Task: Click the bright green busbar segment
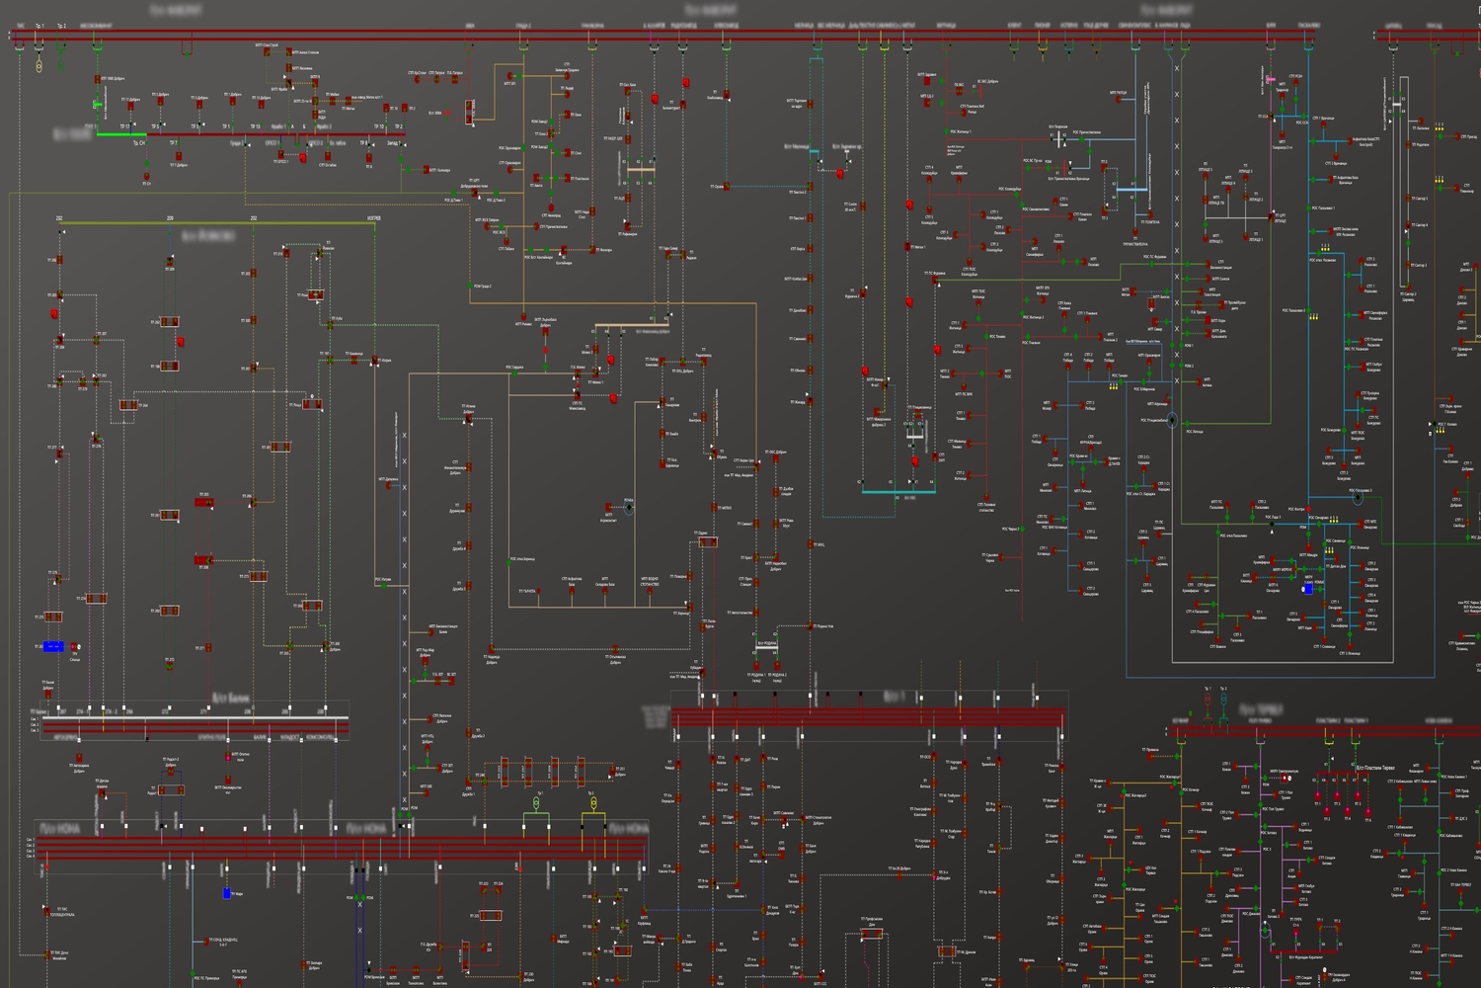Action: click(121, 134)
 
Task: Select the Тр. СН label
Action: click(139, 143)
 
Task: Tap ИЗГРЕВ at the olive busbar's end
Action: click(374, 217)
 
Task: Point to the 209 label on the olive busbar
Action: click(171, 217)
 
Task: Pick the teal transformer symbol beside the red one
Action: click(1223, 700)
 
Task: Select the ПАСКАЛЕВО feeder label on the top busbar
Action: click(1308, 26)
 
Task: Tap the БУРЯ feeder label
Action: click(1272, 26)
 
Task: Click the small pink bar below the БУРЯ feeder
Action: click(1271, 78)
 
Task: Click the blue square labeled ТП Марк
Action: click(226, 893)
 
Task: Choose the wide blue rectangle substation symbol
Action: click(53, 646)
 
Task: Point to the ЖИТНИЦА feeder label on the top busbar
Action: click(945, 26)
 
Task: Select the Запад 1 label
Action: click(393, 143)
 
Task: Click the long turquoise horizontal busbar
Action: click(897, 491)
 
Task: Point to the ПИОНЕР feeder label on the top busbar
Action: click(1043, 26)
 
